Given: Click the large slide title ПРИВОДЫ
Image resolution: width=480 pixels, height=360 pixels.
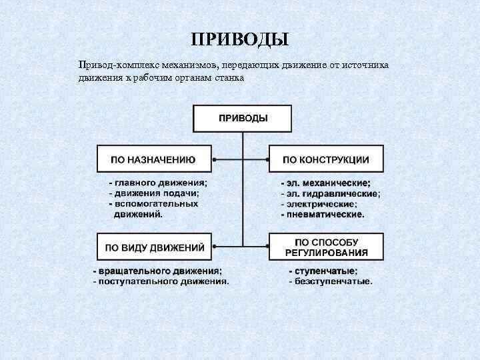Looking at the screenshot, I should click(x=239, y=39).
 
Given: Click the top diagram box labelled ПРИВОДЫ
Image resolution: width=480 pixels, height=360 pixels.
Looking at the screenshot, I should click(x=243, y=118).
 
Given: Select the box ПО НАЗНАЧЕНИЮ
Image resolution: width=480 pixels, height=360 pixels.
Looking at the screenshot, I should click(x=154, y=160).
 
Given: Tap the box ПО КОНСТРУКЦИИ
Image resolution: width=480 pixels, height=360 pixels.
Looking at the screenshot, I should click(x=325, y=160).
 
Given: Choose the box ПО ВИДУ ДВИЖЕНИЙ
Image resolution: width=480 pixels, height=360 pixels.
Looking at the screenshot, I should click(x=154, y=247).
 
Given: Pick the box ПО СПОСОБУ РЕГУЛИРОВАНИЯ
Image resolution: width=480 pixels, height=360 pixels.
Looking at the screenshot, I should click(x=325, y=247).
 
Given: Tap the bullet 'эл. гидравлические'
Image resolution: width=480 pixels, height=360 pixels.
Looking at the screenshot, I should click(x=331, y=194).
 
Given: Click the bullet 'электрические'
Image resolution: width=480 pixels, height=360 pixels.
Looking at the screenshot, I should click(x=319, y=204).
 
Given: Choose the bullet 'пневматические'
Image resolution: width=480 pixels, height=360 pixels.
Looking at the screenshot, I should click(x=323, y=215).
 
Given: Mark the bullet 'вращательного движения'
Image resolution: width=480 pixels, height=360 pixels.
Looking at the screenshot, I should click(x=158, y=271).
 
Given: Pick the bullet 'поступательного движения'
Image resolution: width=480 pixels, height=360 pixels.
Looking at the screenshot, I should click(x=161, y=281).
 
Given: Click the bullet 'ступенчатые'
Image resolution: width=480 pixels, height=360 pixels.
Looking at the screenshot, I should click(x=323, y=271).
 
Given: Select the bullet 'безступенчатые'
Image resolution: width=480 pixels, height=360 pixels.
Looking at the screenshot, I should click(x=330, y=281).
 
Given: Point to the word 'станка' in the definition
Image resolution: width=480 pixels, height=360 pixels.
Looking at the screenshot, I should click(x=229, y=77).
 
